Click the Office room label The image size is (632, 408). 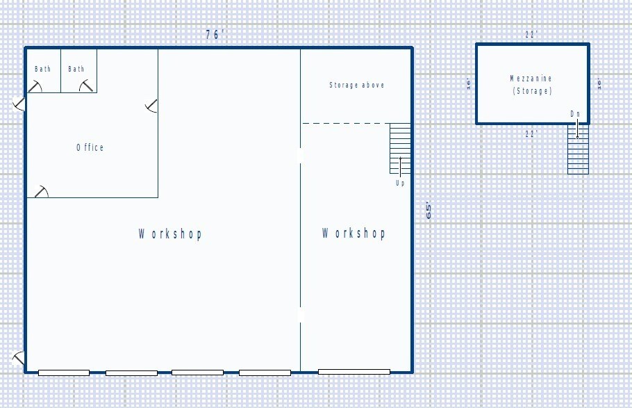click(x=90, y=147)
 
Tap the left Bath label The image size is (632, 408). click(x=43, y=69)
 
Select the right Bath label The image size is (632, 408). click(x=76, y=69)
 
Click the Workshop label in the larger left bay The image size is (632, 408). click(x=170, y=234)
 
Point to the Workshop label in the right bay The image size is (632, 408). click(x=354, y=233)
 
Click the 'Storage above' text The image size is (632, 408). click(x=356, y=85)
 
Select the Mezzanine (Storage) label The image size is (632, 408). click(x=531, y=85)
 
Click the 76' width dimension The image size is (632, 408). click(x=215, y=35)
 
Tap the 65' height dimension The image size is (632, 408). click(x=429, y=211)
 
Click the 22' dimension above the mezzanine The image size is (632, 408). click(x=531, y=34)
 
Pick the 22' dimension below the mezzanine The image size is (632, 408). click(x=531, y=134)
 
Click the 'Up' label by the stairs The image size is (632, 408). click(x=400, y=183)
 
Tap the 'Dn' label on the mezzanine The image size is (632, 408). click(x=575, y=113)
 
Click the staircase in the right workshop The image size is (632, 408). click(x=400, y=148)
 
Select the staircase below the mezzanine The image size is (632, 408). click(x=578, y=149)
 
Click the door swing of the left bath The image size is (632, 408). click(x=34, y=85)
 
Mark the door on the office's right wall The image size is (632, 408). click(x=152, y=106)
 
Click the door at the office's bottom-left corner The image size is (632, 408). click(x=42, y=191)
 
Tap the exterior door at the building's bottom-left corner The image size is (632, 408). click(x=19, y=359)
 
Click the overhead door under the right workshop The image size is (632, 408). click(x=354, y=373)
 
